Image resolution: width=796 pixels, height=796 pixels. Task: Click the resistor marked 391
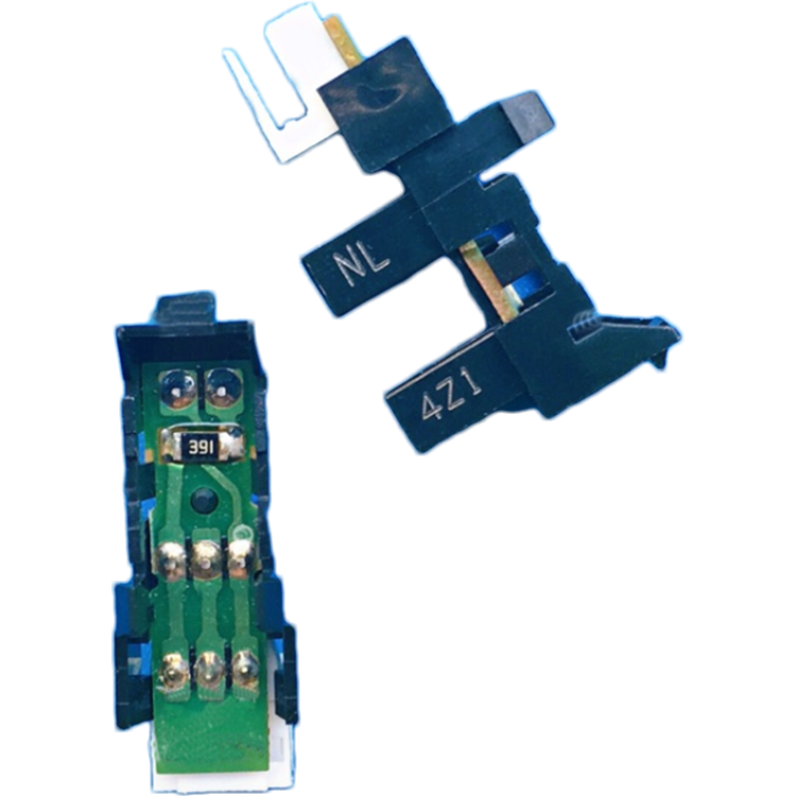[x=203, y=445]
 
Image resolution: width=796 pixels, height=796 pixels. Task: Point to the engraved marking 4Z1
[x=452, y=396]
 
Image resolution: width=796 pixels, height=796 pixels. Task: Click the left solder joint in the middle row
[x=171, y=560]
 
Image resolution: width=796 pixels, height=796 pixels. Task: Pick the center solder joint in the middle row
[x=205, y=559]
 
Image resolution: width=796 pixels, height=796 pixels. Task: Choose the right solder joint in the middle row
[x=239, y=558]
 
